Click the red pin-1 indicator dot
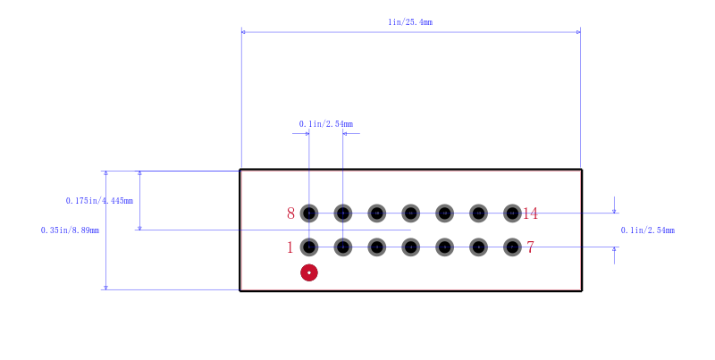coord(309,272)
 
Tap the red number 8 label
coord(291,213)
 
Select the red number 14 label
coord(530,213)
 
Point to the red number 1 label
coord(290,247)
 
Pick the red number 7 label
coord(530,247)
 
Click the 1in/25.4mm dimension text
coord(410,21)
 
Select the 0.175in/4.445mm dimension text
coord(99,200)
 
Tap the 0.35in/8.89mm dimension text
coord(70,230)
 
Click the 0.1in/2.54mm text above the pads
coord(326,124)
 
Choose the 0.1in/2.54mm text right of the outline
coord(647,230)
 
